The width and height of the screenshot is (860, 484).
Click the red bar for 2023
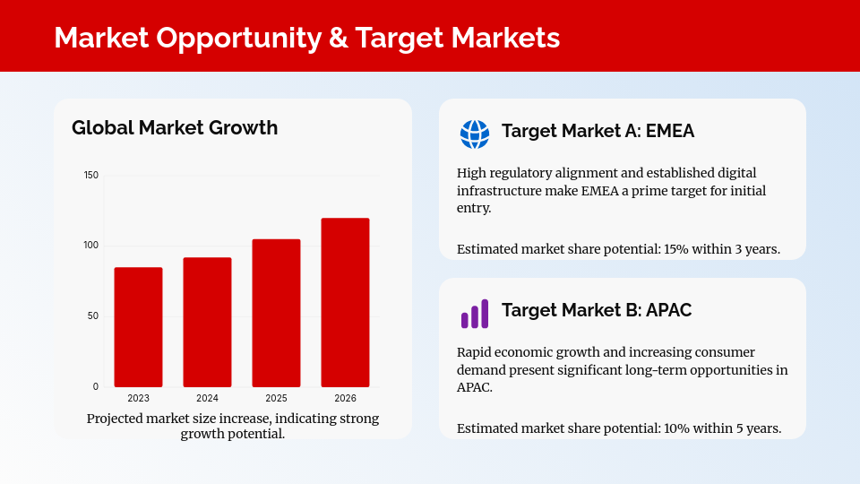(138, 327)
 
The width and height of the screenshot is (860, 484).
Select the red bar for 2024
(207, 323)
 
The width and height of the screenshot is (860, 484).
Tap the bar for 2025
(276, 313)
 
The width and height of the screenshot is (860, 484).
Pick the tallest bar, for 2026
(345, 302)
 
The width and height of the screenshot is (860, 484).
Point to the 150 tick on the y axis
(91, 175)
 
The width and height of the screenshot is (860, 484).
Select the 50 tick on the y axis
(93, 316)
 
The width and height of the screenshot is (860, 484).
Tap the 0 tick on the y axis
(96, 387)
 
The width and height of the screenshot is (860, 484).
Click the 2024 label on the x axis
(207, 398)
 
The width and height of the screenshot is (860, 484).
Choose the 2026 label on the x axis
(345, 398)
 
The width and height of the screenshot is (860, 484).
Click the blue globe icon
(475, 134)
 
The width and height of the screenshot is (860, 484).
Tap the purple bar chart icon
(475, 313)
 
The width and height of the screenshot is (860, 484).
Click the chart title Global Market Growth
(175, 128)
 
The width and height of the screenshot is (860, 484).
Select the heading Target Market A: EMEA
(598, 132)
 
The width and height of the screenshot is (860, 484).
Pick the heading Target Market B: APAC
(597, 310)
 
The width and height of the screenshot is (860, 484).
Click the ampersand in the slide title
(338, 38)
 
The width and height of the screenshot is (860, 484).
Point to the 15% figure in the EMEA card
(676, 249)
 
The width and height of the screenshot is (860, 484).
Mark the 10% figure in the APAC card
(676, 428)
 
